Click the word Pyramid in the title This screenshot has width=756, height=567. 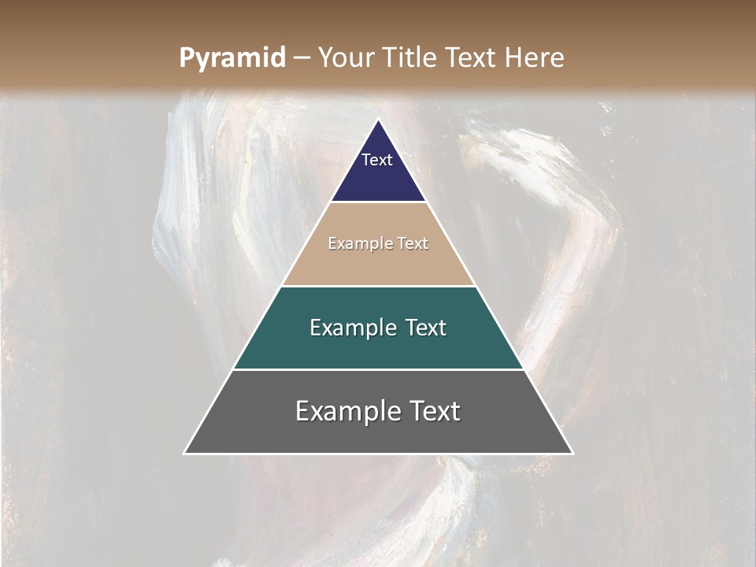click(232, 58)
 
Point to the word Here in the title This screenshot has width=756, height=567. click(535, 57)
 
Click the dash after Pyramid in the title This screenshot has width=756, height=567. click(302, 58)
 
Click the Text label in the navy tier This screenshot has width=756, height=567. click(377, 160)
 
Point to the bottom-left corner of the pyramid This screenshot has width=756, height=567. click(184, 454)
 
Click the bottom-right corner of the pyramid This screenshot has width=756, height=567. click(573, 454)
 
